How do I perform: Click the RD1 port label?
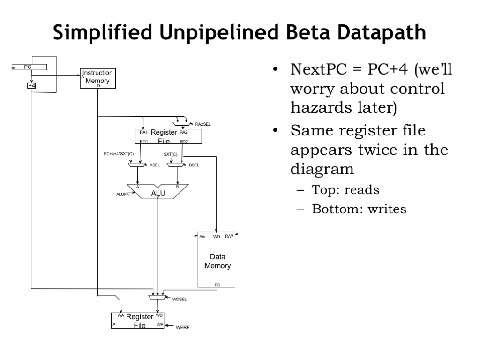tap(144, 141)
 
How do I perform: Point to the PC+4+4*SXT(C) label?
tap(119, 154)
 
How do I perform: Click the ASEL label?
tap(155, 165)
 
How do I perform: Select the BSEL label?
tap(194, 165)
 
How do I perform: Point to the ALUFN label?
tap(122, 195)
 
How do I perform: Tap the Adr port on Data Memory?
tap(202, 237)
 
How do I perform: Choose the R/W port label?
tap(229, 236)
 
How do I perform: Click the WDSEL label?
tap(180, 299)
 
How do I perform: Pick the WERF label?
tap(183, 327)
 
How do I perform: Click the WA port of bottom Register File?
tap(121, 315)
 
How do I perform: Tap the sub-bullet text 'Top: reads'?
tap(345, 190)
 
